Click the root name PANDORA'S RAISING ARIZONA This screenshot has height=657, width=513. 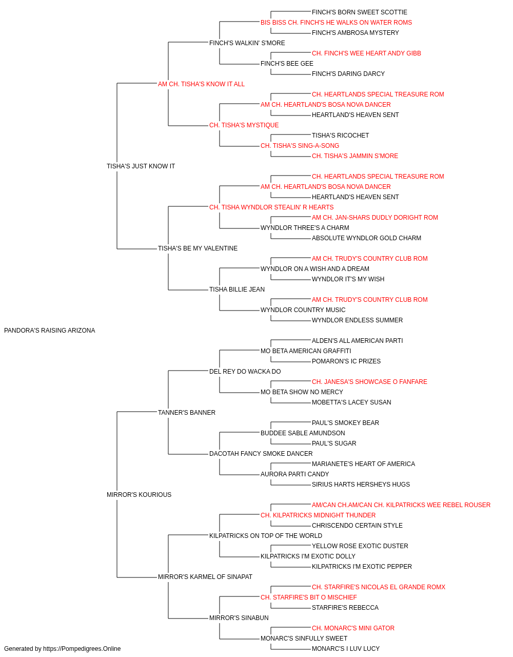tap(50, 331)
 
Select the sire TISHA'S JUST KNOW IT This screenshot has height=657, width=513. tap(141, 166)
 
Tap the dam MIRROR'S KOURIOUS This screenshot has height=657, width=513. tap(139, 495)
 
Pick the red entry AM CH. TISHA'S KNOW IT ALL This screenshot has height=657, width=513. tap(201, 84)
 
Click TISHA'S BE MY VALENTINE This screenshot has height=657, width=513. tap(198, 248)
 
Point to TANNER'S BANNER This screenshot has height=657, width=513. tap(187, 412)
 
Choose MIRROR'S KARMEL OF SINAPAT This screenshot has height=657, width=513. tap(205, 576)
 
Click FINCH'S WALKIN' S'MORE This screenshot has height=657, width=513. tap(247, 43)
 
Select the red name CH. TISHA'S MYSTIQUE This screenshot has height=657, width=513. tap(244, 125)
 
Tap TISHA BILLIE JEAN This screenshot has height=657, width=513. tap(237, 289)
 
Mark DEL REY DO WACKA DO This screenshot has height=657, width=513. tap(245, 371)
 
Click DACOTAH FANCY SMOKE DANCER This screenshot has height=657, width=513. tap(261, 454)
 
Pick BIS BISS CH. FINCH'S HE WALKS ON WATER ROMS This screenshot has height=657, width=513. tap(336, 23)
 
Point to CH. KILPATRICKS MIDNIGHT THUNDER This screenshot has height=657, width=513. tap(318, 515)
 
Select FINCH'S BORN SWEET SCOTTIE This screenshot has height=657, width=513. tap(360, 12)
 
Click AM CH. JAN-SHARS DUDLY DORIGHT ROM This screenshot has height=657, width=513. tap(375, 218)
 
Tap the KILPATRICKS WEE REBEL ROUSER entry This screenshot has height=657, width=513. tap(401, 505)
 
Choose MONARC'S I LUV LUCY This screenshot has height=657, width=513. tap(346, 649)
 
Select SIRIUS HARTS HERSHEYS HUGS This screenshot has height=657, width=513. tap(361, 485)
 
